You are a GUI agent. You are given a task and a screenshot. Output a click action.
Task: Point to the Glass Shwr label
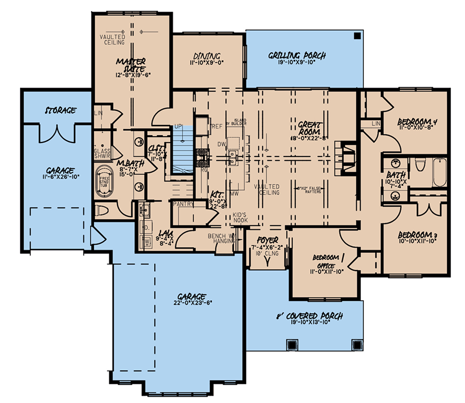[x=102, y=153]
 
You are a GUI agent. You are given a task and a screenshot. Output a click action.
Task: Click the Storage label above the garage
[x=60, y=110]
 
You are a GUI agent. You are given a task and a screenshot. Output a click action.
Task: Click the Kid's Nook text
[x=240, y=217]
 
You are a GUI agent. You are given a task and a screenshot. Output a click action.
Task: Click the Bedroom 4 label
[x=417, y=123]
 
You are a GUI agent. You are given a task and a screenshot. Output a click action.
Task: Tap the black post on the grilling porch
[x=358, y=36]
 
